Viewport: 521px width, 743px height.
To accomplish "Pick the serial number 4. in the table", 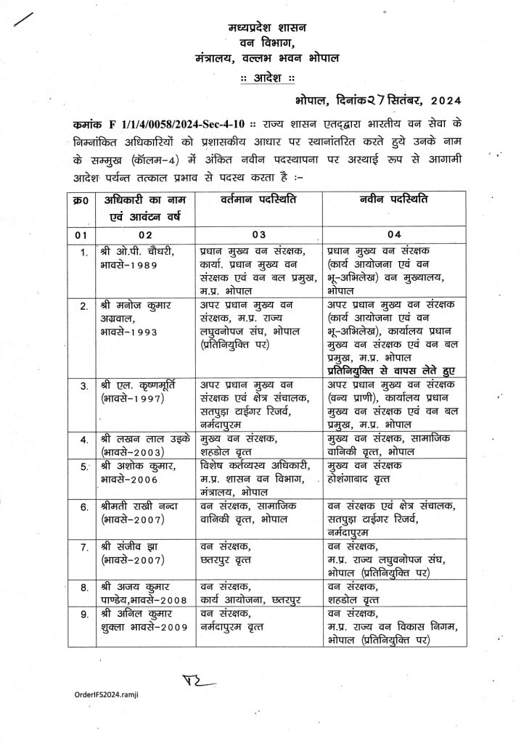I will [x=83, y=440].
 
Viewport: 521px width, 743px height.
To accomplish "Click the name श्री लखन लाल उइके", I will [x=139, y=438].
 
